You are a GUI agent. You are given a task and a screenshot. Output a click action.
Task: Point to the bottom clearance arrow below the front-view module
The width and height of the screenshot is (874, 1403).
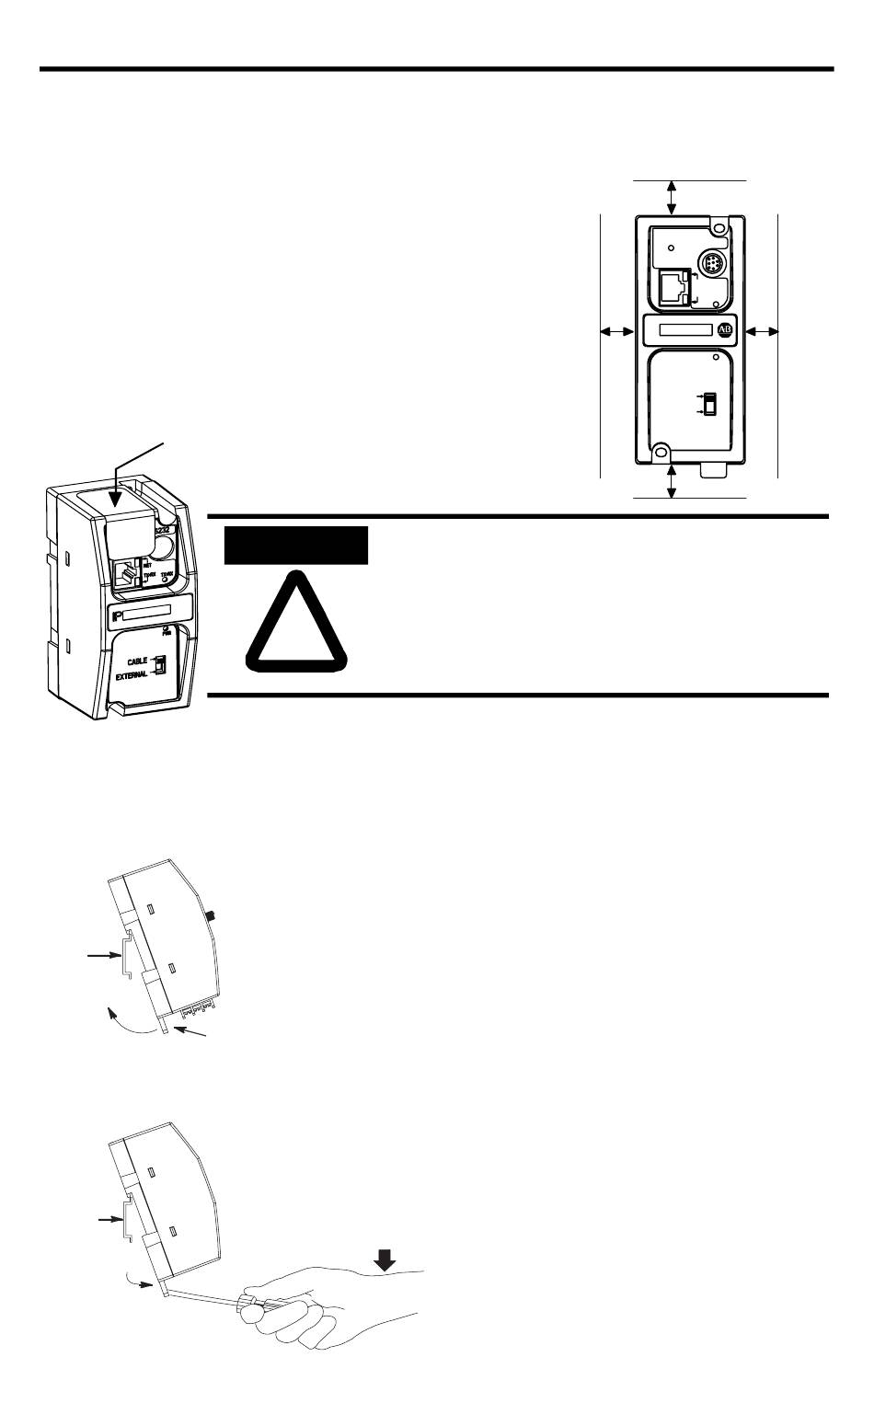(x=673, y=481)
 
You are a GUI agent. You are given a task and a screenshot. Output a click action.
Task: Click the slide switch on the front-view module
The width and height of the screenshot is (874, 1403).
(x=709, y=404)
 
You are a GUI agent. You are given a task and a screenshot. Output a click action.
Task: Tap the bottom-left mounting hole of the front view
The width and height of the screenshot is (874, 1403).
(x=660, y=451)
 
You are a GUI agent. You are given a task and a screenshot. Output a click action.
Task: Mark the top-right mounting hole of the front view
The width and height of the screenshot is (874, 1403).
(x=720, y=223)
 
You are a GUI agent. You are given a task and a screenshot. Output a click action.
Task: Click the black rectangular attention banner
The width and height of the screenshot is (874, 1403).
(x=296, y=545)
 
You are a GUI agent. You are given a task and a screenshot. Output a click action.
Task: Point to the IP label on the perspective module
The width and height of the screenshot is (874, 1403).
(x=117, y=613)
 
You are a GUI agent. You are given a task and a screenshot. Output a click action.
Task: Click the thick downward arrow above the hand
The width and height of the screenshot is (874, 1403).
(x=385, y=1259)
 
